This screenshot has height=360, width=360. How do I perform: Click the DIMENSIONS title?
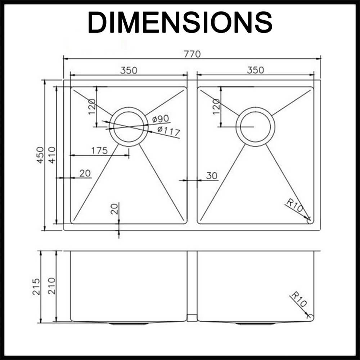[180, 22]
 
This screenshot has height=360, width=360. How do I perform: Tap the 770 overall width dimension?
[192, 54]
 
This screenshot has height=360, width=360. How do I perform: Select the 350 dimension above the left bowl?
[129, 70]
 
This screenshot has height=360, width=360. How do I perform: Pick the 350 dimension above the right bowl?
[255, 70]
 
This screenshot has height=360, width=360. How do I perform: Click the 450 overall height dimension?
[40, 155]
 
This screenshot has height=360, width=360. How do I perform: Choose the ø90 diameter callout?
[161, 119]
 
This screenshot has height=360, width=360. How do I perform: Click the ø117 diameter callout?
[168, 131]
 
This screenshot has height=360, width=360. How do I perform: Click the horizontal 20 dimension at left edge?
[85, 174]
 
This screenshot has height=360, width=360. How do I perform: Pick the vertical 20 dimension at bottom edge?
[114, 209]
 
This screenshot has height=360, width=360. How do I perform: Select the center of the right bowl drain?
[255, 127]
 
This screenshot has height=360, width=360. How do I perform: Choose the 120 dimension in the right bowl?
[216, 107]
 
